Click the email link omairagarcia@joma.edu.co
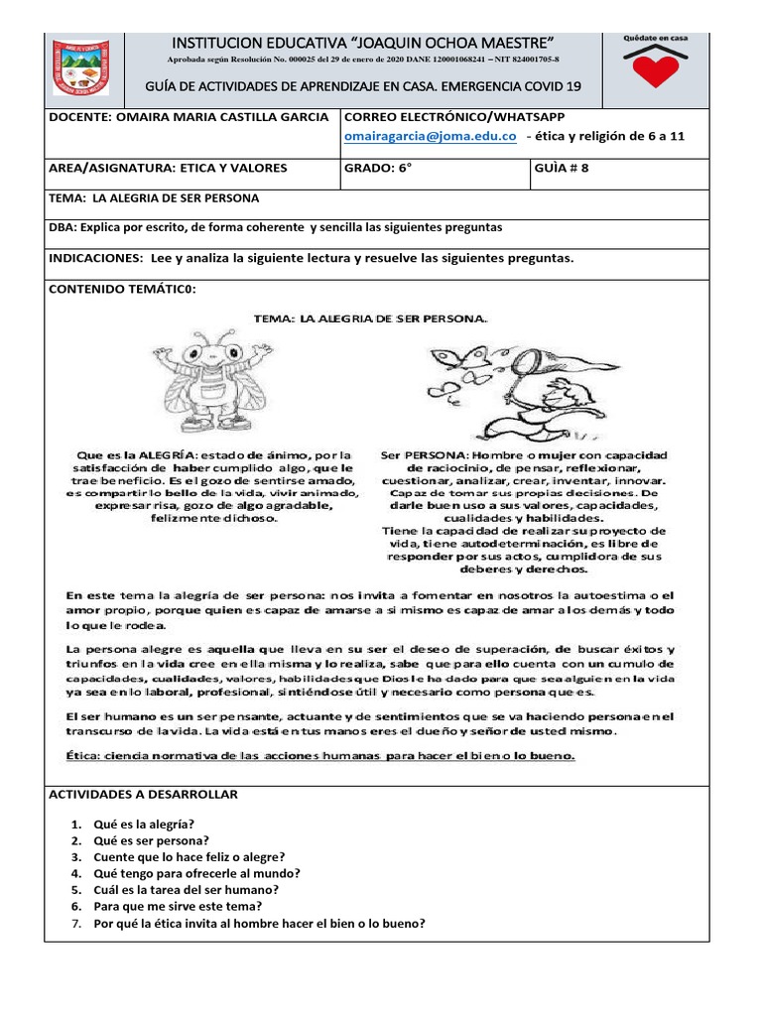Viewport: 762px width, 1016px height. coord(431,137)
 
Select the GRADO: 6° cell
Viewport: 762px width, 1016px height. coord(378,168)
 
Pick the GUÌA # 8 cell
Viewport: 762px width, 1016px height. coord(562,168)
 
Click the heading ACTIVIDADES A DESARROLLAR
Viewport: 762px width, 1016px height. coord(143,795)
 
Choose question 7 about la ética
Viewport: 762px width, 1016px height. coord(259,923)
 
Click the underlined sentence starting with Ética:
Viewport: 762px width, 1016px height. coord(319,756)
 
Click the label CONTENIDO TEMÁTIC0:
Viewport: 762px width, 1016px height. coord(123,289)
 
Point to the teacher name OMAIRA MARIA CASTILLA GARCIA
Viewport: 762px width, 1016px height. coord(189,117)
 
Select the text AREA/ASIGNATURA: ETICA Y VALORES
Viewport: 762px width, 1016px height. coord(168,168)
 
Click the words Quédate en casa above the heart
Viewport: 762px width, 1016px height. coord(654,37)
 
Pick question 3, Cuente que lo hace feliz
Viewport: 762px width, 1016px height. coord(190,857)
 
